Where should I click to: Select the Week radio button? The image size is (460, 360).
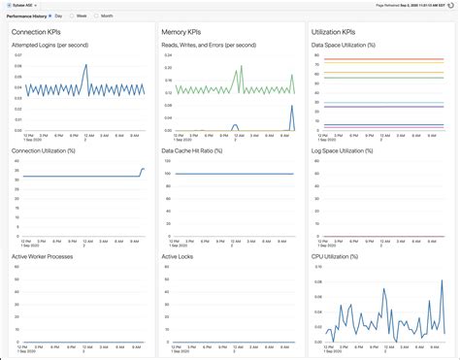pos(73,16)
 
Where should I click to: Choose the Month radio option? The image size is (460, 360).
pos(97,16)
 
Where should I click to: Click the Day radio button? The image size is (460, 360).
pos(51,16)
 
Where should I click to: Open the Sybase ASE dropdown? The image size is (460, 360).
pos(26,5)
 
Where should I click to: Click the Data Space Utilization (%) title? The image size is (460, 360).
pos(344,45)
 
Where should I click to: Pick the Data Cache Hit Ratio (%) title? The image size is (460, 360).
pos(192,150)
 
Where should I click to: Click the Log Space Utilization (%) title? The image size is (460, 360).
pos(343,150)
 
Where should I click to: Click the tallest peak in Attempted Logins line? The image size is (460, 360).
pos(85,66)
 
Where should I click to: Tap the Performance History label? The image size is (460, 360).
pos(25,16)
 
